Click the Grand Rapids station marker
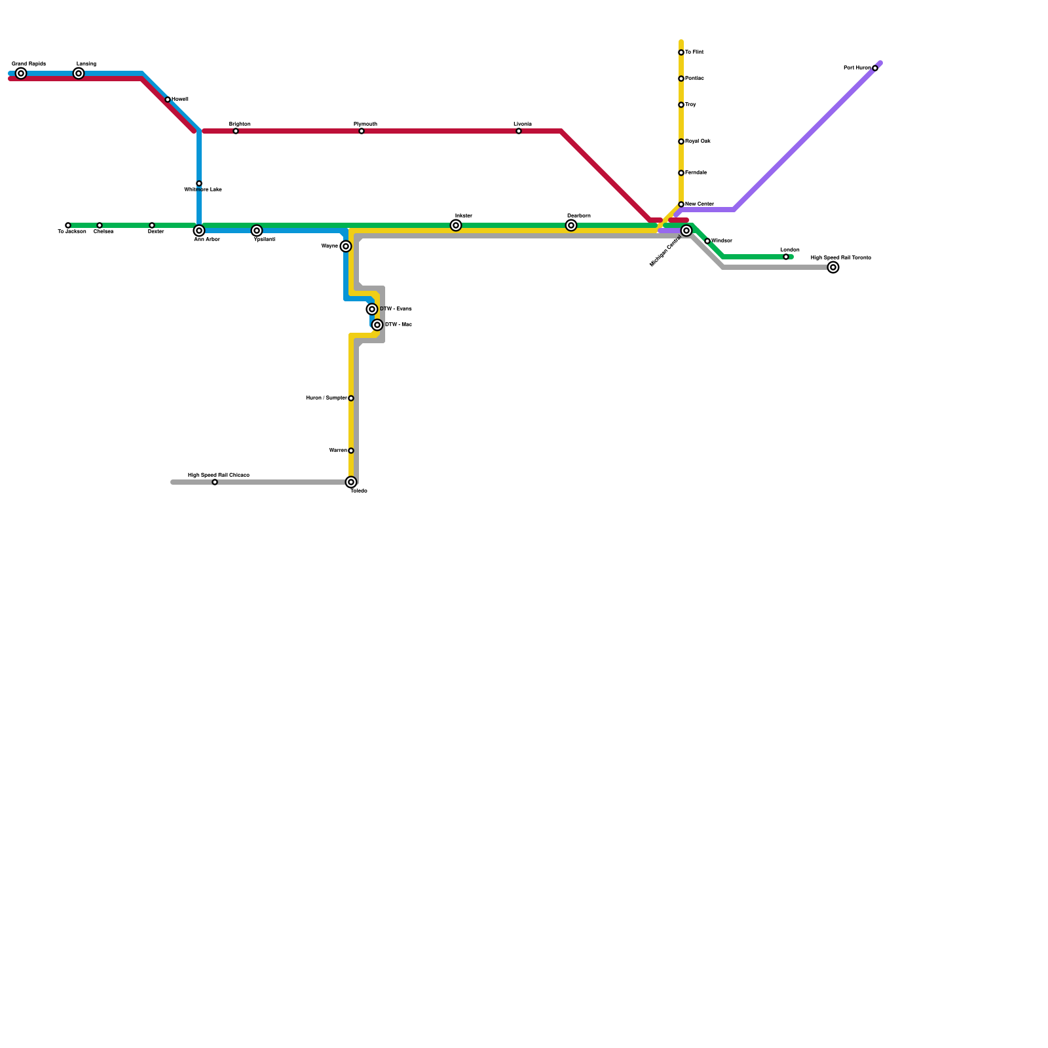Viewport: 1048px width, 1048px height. pos(21,73)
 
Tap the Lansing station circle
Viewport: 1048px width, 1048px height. pos(79,73)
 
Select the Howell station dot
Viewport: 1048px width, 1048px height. pos(168,100)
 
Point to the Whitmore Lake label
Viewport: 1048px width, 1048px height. pos(202,190)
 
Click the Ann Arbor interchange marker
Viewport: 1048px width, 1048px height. pos(199,231)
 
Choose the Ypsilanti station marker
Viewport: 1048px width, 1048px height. pos(257,231)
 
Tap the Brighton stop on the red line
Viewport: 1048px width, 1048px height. pos(236,131)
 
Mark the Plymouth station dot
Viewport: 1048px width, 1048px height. pos(362,131)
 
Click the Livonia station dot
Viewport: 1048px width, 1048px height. pos(519,131)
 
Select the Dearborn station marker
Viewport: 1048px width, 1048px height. pos(571,225)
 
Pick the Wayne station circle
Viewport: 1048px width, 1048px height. pos(346,246)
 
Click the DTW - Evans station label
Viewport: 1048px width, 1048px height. pos(396,309)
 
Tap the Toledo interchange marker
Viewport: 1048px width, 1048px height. pos(351,482)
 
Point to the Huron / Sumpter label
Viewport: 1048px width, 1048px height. pos(326,398)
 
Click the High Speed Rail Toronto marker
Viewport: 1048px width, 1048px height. pos(833,267)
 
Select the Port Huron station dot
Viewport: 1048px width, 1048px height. pos(875,68)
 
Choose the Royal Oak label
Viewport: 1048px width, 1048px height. pos(698,141)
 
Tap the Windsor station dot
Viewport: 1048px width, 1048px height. pos(707,241)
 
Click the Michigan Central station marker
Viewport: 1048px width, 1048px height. pos(686,231)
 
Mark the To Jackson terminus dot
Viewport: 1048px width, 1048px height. pos(68,225)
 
